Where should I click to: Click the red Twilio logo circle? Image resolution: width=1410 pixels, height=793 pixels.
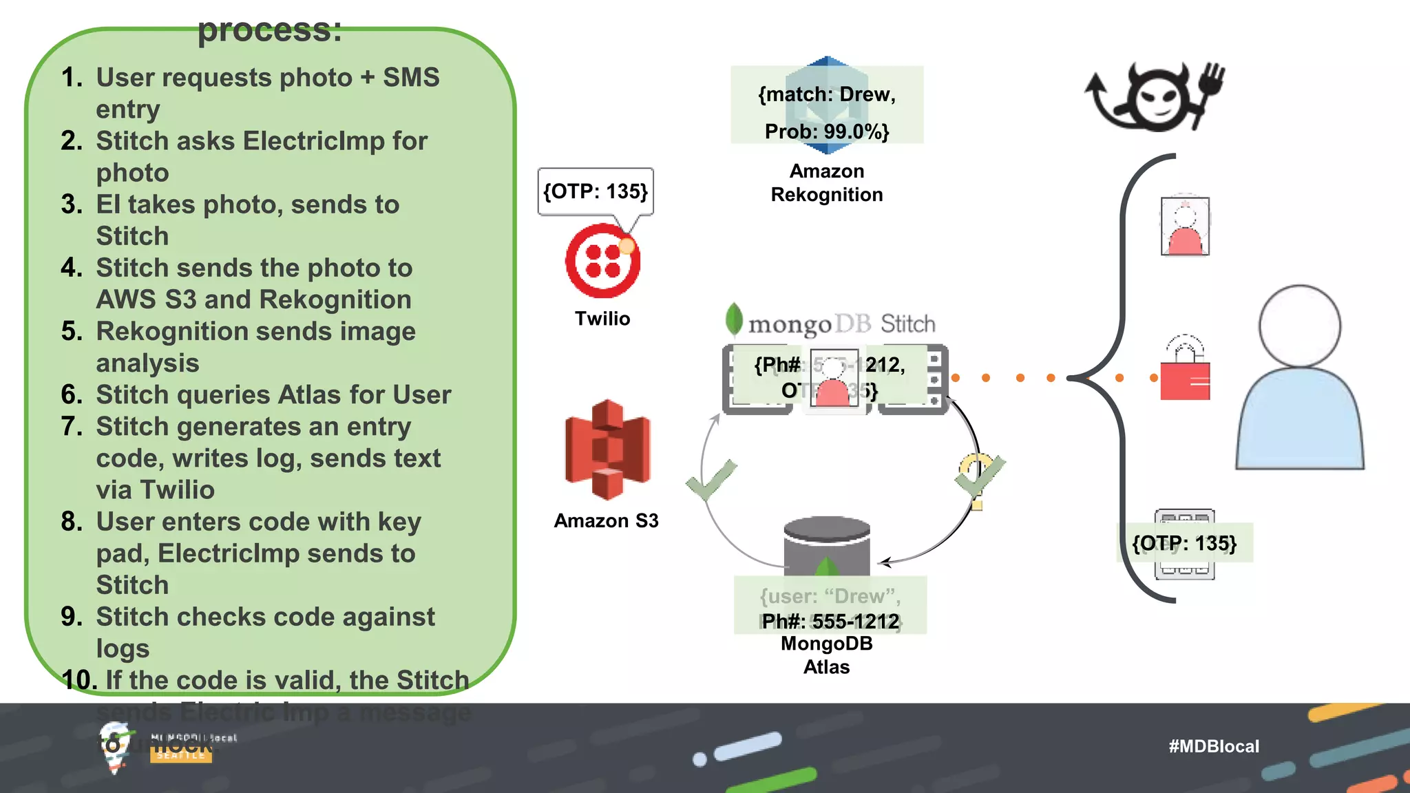pyautogui.click(x=602, y=261)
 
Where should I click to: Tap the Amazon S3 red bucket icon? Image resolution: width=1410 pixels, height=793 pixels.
pyautogui.click(x=607, y=450)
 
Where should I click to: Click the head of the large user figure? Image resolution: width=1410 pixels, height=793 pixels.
pyautogui.click(x=1299, y=326)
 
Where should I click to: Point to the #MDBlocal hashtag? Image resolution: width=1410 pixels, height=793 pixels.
pyautogui.click(x=1213, y=746)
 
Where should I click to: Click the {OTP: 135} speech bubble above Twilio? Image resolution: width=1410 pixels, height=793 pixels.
pyautogui.click(x=596, y=191)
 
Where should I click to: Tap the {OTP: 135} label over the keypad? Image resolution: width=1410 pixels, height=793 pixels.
pyautogui.click(x=1184, y=543)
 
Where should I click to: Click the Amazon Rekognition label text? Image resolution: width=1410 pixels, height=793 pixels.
pyautogui.click(x=826, y=183)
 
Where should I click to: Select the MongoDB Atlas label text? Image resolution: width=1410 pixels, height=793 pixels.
pyautogui.click(x=826, y=655)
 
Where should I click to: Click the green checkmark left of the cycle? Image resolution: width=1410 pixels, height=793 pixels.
pyautogui.click(x=712, y=480)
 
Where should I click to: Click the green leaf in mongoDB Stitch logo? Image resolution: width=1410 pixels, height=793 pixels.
pyautogui.click(x=734, y=319)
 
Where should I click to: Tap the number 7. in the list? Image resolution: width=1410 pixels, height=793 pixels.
pyautogui.click(x=72, y=427)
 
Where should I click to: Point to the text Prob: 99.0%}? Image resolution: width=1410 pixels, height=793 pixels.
pyautogui.click(x=827, y=131)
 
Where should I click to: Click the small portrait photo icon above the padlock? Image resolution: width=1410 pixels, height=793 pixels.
pyautogui.click(x=1185, y=226)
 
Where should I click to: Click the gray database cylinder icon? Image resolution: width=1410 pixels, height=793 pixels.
pyautogui.click(x=826, y=544)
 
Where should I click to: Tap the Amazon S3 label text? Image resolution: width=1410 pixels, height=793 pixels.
pyautogui.click(x=606, y=521)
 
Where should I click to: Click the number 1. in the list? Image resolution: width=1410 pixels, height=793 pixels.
pyautogui.click(x=72, y=78)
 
